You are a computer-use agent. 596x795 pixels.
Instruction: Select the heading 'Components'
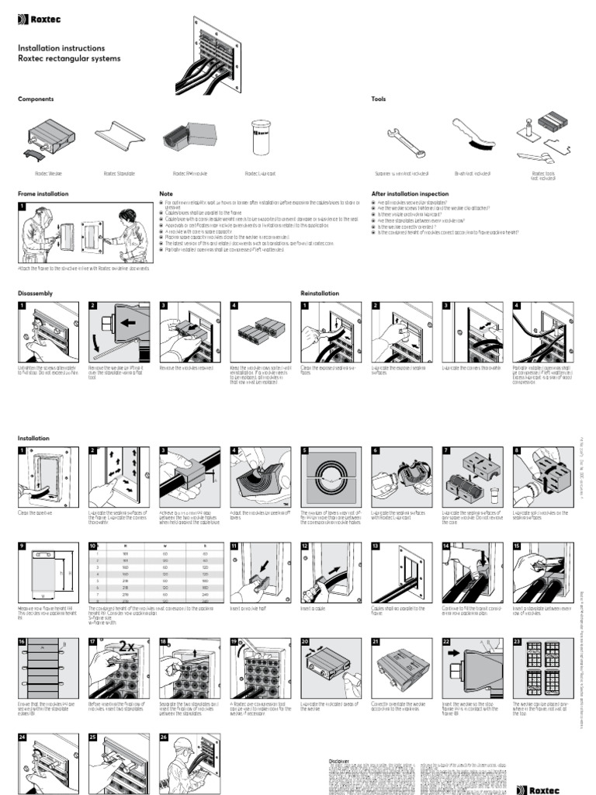click(36, 99)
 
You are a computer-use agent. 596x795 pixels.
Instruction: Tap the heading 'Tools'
click(379, 99)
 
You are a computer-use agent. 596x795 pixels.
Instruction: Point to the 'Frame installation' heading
click(43, 193)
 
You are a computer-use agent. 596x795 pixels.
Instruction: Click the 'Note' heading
click(166, 193)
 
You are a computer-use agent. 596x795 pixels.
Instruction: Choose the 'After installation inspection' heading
click(410, 193)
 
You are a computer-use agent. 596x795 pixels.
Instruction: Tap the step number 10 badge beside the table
click(92, 547)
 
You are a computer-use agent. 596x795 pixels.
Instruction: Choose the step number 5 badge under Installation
click(306, 450)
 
